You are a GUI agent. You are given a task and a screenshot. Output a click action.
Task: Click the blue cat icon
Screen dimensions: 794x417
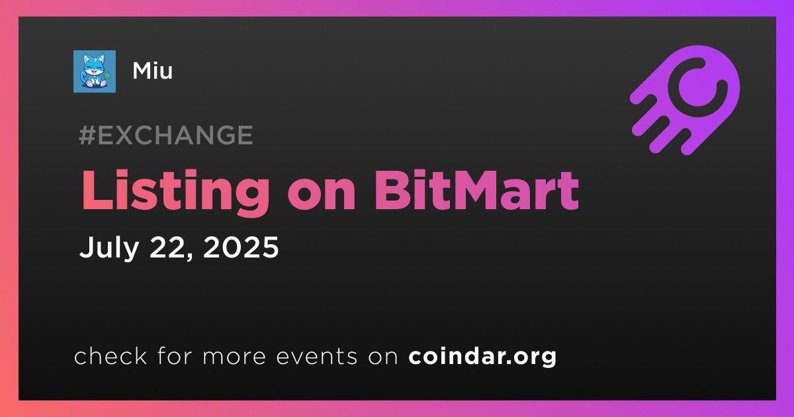point(94,71)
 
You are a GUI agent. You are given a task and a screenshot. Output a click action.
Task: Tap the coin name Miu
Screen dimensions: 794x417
point(152,71)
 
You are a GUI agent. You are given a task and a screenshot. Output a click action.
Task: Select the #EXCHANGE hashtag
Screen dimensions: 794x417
point(166,135)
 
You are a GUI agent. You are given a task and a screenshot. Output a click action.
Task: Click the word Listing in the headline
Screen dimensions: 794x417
point(175,191)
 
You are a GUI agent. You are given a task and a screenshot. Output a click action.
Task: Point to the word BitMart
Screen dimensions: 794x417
point(476,191)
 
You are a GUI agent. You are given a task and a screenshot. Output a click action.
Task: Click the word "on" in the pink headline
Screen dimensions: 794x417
point(322,196)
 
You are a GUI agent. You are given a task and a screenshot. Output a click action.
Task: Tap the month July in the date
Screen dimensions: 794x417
point(109,248)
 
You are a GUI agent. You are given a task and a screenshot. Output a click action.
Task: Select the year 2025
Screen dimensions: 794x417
point(241,247)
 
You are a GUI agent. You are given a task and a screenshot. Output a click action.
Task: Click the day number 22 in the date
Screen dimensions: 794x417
point(170,248)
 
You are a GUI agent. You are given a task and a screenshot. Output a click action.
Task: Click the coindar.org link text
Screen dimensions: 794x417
point(482,356)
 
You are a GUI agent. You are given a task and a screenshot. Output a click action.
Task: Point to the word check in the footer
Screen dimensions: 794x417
point(110,355)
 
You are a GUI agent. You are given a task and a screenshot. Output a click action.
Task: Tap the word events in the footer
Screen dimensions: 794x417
point(317,356)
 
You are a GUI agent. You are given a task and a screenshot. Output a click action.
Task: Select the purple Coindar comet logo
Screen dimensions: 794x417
point(685,100)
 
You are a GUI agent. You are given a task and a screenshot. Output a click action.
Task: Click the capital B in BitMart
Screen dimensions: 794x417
point(392,191)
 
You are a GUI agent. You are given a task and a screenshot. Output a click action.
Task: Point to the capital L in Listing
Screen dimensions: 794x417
point(98,191)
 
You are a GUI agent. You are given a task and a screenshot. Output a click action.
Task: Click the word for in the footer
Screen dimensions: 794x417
point(175,355)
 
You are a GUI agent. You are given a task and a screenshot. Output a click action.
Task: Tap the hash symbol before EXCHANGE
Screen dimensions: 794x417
point(87,135)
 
